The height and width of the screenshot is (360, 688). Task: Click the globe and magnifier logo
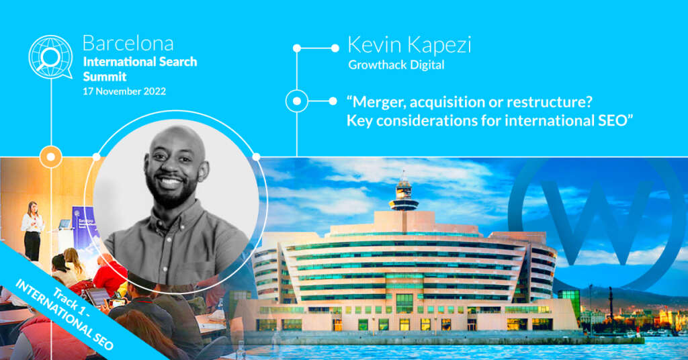tap(50, 57)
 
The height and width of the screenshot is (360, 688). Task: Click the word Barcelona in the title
tap(128, 44)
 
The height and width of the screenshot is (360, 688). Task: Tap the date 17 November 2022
tap(124, 91)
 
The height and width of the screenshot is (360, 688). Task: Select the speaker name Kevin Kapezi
tap(409, 45)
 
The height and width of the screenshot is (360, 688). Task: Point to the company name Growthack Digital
tap(396, 65)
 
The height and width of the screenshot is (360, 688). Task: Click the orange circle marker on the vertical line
tap(51, 156)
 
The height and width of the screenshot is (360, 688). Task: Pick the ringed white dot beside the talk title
tap(297, 101)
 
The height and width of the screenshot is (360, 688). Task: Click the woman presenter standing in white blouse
tap(32, 231)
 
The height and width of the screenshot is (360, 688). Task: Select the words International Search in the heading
tap(140, 62)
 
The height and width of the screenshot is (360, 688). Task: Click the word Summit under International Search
tap(104, 77)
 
